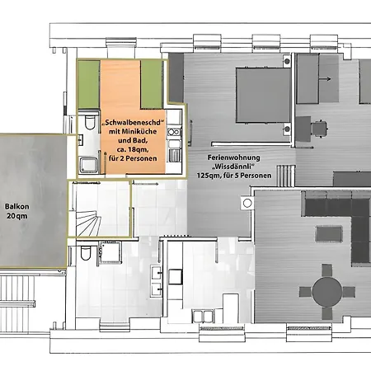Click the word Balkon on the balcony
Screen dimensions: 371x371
tap(17, 207)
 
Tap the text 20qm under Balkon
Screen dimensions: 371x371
tap(17, 216)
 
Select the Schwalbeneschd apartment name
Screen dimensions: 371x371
tap(133, 122)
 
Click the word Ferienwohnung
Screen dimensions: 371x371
tap(233, 157)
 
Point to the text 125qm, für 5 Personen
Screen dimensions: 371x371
tap(234, 176)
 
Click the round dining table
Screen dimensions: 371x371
tap(327, 292)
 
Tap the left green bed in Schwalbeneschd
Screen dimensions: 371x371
tap(89, 84)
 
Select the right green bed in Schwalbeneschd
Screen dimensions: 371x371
tap(152, 84)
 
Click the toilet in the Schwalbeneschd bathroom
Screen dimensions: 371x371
tap(90, 122)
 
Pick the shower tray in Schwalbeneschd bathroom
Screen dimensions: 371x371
tap(88, 165)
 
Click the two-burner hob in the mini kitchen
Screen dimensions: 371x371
tap(173, 132)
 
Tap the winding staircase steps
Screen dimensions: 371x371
tap(87, 223)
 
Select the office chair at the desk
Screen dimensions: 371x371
tap(319, 128)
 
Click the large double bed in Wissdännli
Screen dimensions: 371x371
tap(263, 95)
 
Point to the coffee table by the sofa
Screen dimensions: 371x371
tap(329, 234)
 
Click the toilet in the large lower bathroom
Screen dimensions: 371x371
tap(86, 253)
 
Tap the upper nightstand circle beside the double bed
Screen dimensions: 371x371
tap(287, 61)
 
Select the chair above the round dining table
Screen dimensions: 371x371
tap(327, 270)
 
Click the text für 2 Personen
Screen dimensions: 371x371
tap(133, 158)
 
